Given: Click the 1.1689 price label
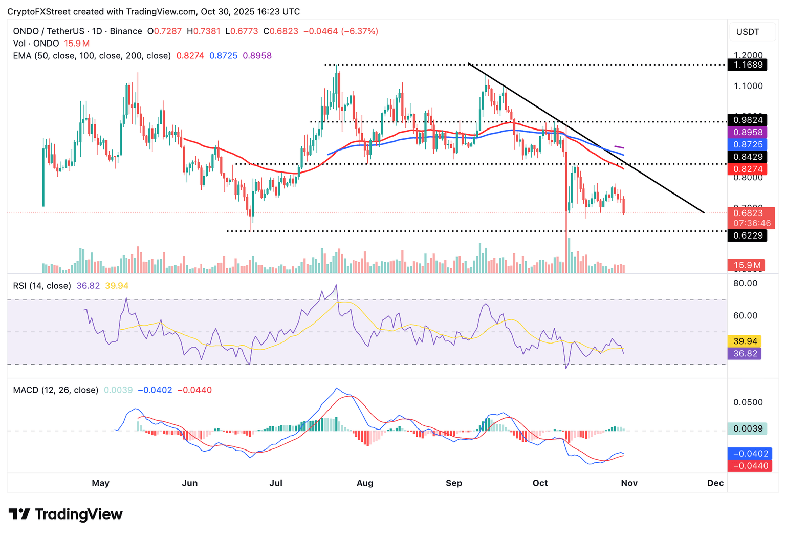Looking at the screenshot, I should tap(748, 65).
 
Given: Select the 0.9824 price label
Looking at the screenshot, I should tap(748, 120).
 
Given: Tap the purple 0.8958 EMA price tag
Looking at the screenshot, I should tap(748, 132).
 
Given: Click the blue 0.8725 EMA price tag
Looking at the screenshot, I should tap(748, 144).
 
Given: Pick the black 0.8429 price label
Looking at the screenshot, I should tap(748, 157).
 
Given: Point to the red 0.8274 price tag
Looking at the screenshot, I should tap(748, 169).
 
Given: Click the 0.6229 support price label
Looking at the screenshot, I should tap(748, 235).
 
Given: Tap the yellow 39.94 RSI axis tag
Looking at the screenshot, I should tap(745, 341).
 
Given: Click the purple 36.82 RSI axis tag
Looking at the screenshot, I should tap(745, 353).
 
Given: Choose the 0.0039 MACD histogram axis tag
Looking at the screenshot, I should tap(748, 428).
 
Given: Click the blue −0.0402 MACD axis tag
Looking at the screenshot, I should tap(750, 454).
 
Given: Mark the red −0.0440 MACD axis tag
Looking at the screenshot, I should tap(750, 466).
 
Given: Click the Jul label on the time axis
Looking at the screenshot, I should tap(276, 483).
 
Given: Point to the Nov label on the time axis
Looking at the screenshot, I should tap(629, 483).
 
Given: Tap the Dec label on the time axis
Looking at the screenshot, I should tap(715, 483).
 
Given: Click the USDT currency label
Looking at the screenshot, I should tap(748, 32).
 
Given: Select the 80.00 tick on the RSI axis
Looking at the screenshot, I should tap(745, 283).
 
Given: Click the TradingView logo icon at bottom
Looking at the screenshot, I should tap(19, 514).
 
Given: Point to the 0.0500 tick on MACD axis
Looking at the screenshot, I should tap(748, 402).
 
